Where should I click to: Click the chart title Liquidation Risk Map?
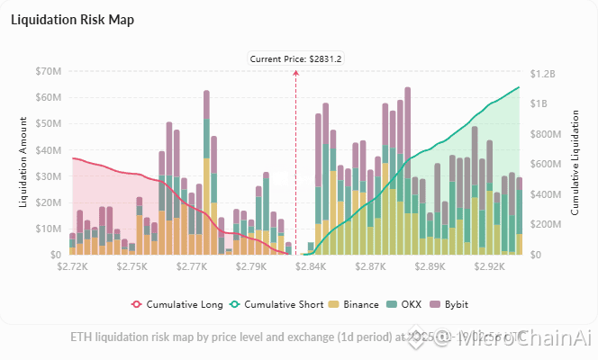pyautogui.click(x=72, y=20)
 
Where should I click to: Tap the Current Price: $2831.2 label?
pyautogui.click(x=295, y=58)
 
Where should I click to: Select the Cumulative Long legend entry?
pyautogui.click(x=178, y=304)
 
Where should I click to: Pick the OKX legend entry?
pyautogui.click(x=405, y=304)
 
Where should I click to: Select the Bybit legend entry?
pyautogui.click(x=453, y=304)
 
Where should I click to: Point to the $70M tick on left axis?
pyautogui.click(x=49, y=71)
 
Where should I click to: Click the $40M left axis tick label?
pyautogui.click(x=49, y=150)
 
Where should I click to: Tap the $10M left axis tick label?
pyautogui.click(x=49, y=229)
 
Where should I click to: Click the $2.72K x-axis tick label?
pyautogui.click(x=72, y=267)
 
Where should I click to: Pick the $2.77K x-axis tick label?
pyautogui.click(x=191, y=267)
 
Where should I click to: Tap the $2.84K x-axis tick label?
pyautogui.click(x=310, y=267)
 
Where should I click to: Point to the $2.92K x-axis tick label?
pyautogui.click(x=488, y=267)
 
